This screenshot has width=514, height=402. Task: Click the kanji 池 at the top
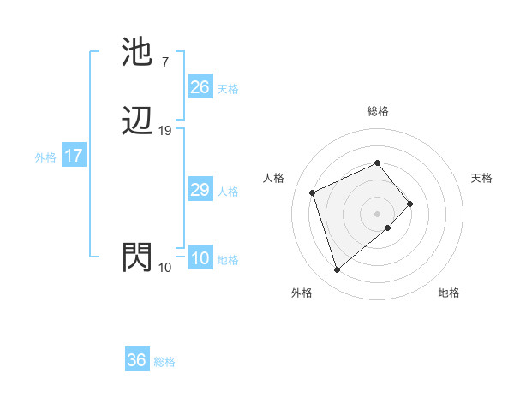pyautogui.click(x=137, y=53)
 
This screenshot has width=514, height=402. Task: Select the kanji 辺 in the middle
pyautogui.click(x=137, y=122)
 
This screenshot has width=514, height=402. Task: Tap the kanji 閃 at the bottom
pyautogui.click(x=137, y=258)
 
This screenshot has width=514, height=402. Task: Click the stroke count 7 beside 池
pyautogui.click(x=164, y=62)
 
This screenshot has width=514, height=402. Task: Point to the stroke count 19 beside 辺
pyautogui.click(x=164, y=131)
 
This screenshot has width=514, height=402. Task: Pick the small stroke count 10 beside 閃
pyautogui.click(x=164, y=268)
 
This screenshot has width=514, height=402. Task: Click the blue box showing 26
pyautogui.click(x=200, y=87)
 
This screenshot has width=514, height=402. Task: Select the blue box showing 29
pyautogui.click(x=200, y=190)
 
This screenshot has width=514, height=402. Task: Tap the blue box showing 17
pyautogui.click(x=74, y=156)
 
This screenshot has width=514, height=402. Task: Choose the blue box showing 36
pyautogui.click(x=137, y=360)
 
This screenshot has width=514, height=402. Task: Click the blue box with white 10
pyautogui.click(x=200, y=258)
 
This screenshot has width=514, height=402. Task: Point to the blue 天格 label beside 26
pyautogui.click(x=228, y=88)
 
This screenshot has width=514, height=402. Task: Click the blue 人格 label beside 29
pyautogui.click(x=228, y=192)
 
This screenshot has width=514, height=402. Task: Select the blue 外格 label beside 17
pyautogui.click(x=45, y=157)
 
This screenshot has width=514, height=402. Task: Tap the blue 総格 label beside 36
pyautogui.click(x=164, y=362)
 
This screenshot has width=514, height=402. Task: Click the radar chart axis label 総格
pyautogui.click(x=377, y=111)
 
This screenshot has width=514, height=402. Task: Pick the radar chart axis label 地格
pyautogui.click(x=449, y=293)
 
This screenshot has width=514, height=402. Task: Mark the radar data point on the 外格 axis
pyautogui.click(x=338, y=270)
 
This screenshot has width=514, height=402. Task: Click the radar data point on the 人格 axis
pyautogui.click(x=314, y=192)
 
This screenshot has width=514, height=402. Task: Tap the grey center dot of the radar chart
pyautogui.click(x=377, y=212)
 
